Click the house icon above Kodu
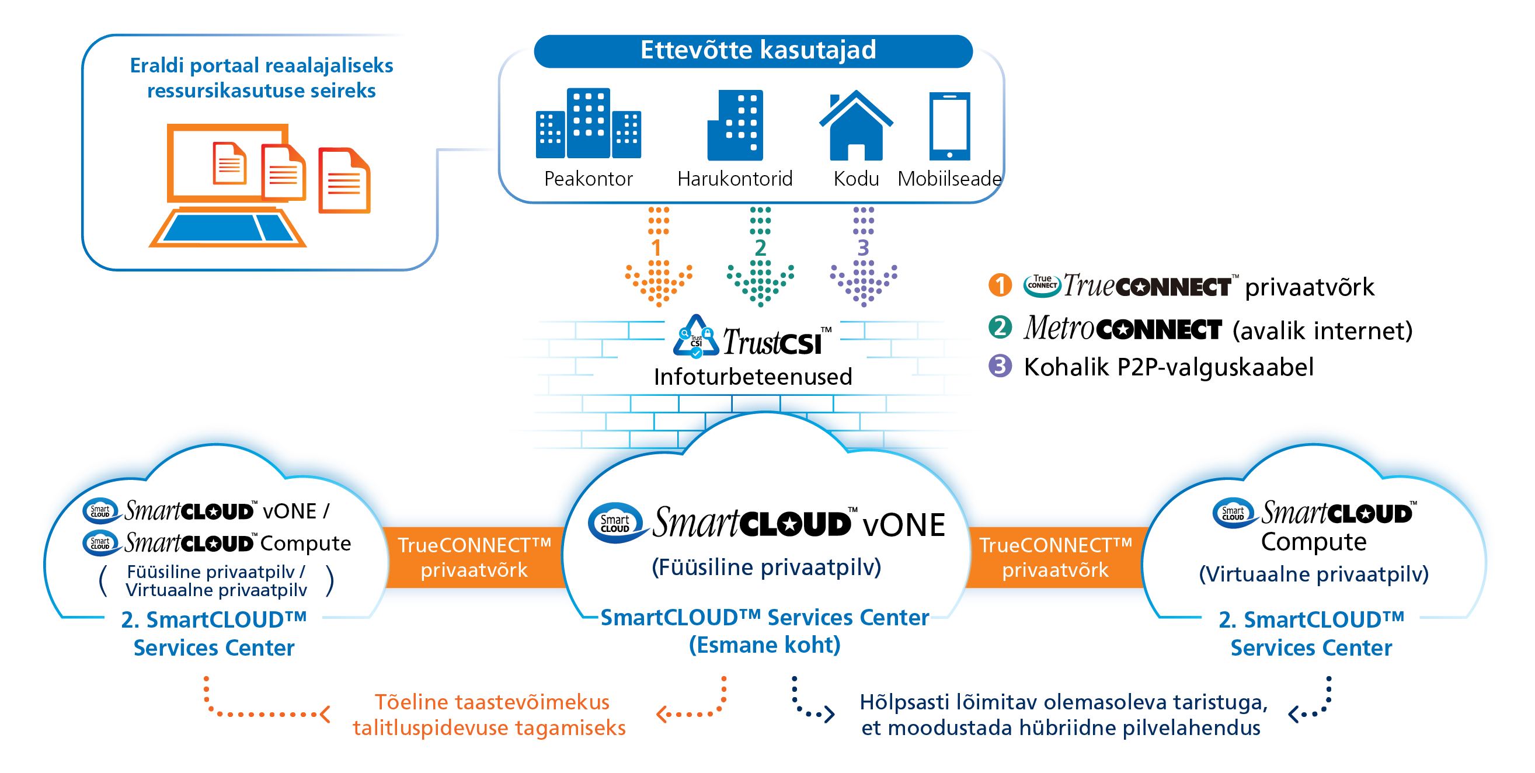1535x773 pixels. [x=856, y=126]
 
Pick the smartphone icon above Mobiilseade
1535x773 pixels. [x=949, y=126]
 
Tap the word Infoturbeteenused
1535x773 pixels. [x=752, y=377]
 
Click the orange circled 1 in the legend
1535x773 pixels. [x=1000, y=285]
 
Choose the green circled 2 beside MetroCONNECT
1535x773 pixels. [x=1000, y=327]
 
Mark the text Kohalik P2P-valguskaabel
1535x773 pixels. [x=1168, y=367]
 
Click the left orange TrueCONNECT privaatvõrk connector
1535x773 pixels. [x=474, y=557]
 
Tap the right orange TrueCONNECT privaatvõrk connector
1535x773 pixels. [x=1054, y=557]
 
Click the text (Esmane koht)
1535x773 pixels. [x=764, y=645]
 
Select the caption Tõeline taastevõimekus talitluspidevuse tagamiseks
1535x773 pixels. [x=490, y=715]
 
